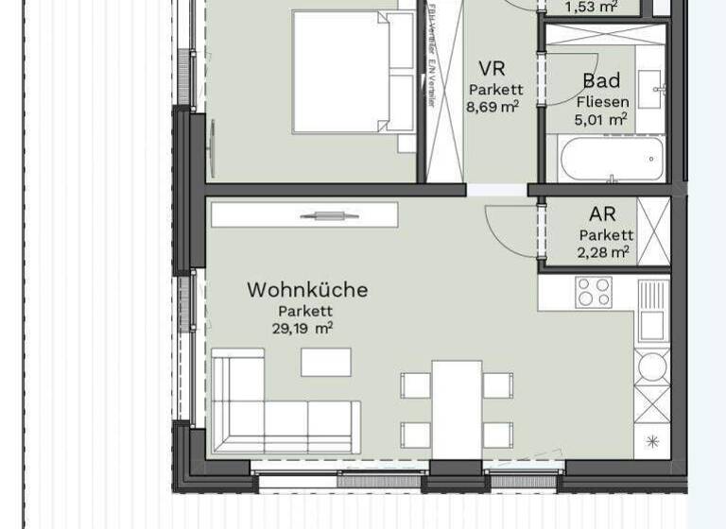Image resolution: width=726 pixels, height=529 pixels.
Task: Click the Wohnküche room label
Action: [x=307, y=290]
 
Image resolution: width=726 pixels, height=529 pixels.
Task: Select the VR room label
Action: [x=492, y=69]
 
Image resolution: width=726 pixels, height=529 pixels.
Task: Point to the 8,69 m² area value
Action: [x=492, y=107]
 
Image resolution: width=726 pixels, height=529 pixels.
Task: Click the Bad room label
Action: [x=601, y=80]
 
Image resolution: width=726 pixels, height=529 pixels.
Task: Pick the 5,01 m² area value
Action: [x=601, y=119]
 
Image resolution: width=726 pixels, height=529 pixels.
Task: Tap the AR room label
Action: [x=602, y=215]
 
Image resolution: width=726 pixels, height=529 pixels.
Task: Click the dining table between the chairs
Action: [x=457, y=405]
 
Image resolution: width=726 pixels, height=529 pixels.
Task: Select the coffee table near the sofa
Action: [x=326, y=362]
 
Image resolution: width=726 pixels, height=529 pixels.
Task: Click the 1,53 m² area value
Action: [x=591, y=8]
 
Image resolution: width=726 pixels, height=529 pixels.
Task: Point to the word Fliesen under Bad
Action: [x=601, y=100]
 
